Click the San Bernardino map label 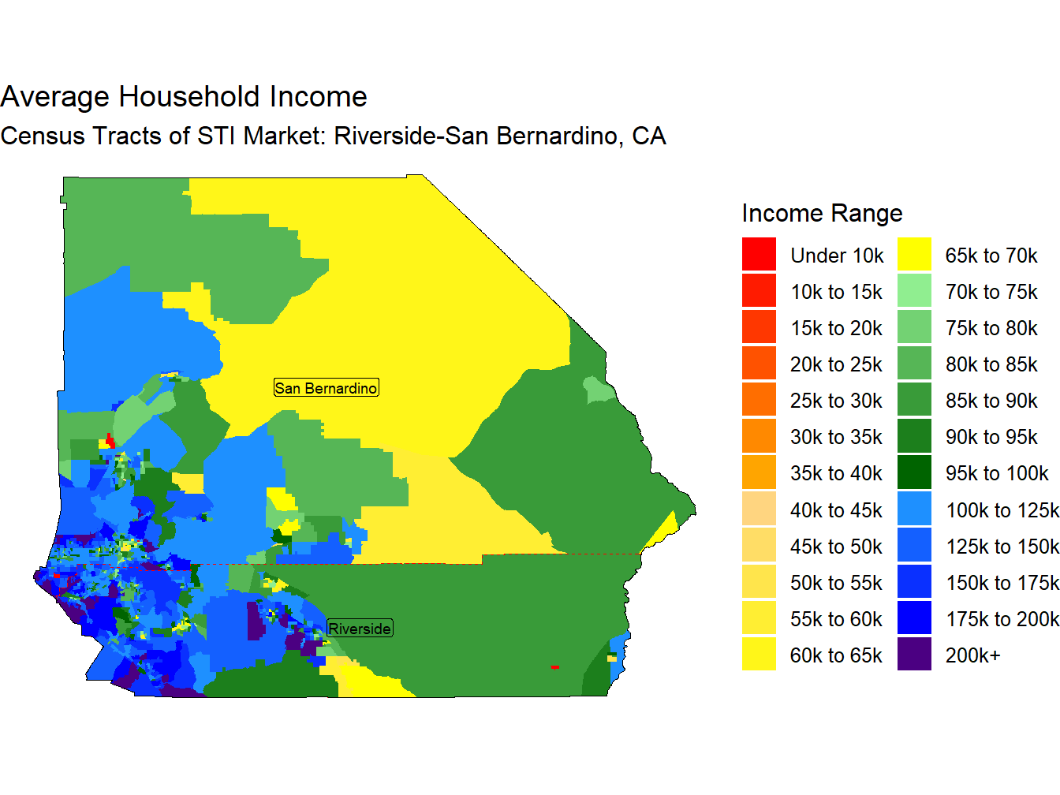tap(326, 388)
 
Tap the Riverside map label tap(360, 629)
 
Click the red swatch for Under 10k tap(759, 255)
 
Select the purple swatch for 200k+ tap(914, 655)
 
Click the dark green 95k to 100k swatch tap(914, 472)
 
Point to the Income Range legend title tap(822, 213)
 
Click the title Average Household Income tap(184, 97)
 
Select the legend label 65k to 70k tap(991, 256)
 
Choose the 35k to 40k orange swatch tap(759, 472)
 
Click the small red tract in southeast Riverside tap(555, 667)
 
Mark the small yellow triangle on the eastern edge tap(666, 528)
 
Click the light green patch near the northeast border tap(598, 390)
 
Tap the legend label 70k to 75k tap(991, 292)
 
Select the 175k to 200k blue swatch tap(914, 618)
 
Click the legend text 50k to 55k tap(836, 583)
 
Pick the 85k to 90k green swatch tap(914, 400)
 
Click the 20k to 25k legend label tap(836, 364)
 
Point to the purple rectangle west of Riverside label tap(254, 621)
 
